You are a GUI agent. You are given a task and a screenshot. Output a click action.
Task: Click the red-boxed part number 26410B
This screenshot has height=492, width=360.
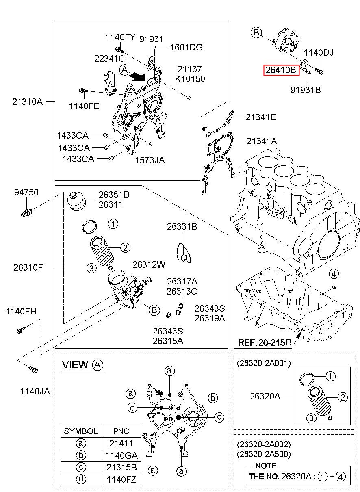point(281,70)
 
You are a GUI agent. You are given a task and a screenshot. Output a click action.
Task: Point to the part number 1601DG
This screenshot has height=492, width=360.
point(186,47)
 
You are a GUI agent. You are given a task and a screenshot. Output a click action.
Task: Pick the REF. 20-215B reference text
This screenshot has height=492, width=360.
point(265,342)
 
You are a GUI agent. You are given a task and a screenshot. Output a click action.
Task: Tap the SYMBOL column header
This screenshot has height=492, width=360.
point(81,431)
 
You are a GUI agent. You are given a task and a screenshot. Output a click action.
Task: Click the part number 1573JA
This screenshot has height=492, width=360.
point(150,160)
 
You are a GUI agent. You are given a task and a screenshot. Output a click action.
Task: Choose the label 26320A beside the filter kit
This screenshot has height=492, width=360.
point(265,396)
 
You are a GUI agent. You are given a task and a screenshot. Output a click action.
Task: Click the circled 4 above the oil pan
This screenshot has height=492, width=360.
point(333,274)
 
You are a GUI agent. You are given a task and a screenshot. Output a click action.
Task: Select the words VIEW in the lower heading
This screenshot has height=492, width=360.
point(75,365)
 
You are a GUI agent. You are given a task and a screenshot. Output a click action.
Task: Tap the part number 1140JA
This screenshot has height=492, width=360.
point(35,391)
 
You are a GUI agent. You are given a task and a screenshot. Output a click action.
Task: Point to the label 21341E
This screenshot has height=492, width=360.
point(260,117)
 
